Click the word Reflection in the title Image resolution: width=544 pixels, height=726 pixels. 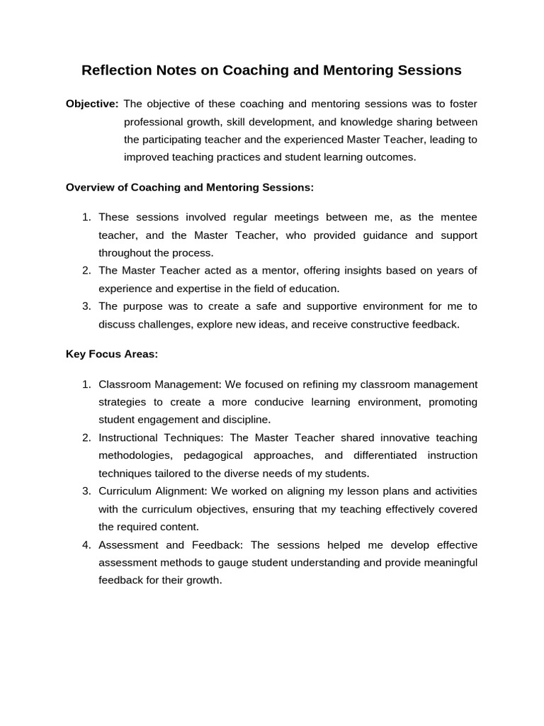coord(116,70)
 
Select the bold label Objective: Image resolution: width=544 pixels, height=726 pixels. coord(92,104)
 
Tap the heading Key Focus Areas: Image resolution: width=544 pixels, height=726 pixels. coord(111,354)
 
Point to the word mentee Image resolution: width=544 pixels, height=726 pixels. coord(458,217)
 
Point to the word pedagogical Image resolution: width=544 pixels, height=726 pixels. coord(213,455)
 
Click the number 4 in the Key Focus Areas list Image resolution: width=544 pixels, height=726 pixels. coord(86,544)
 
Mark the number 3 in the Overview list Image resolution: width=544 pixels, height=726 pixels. coord(86,306)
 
